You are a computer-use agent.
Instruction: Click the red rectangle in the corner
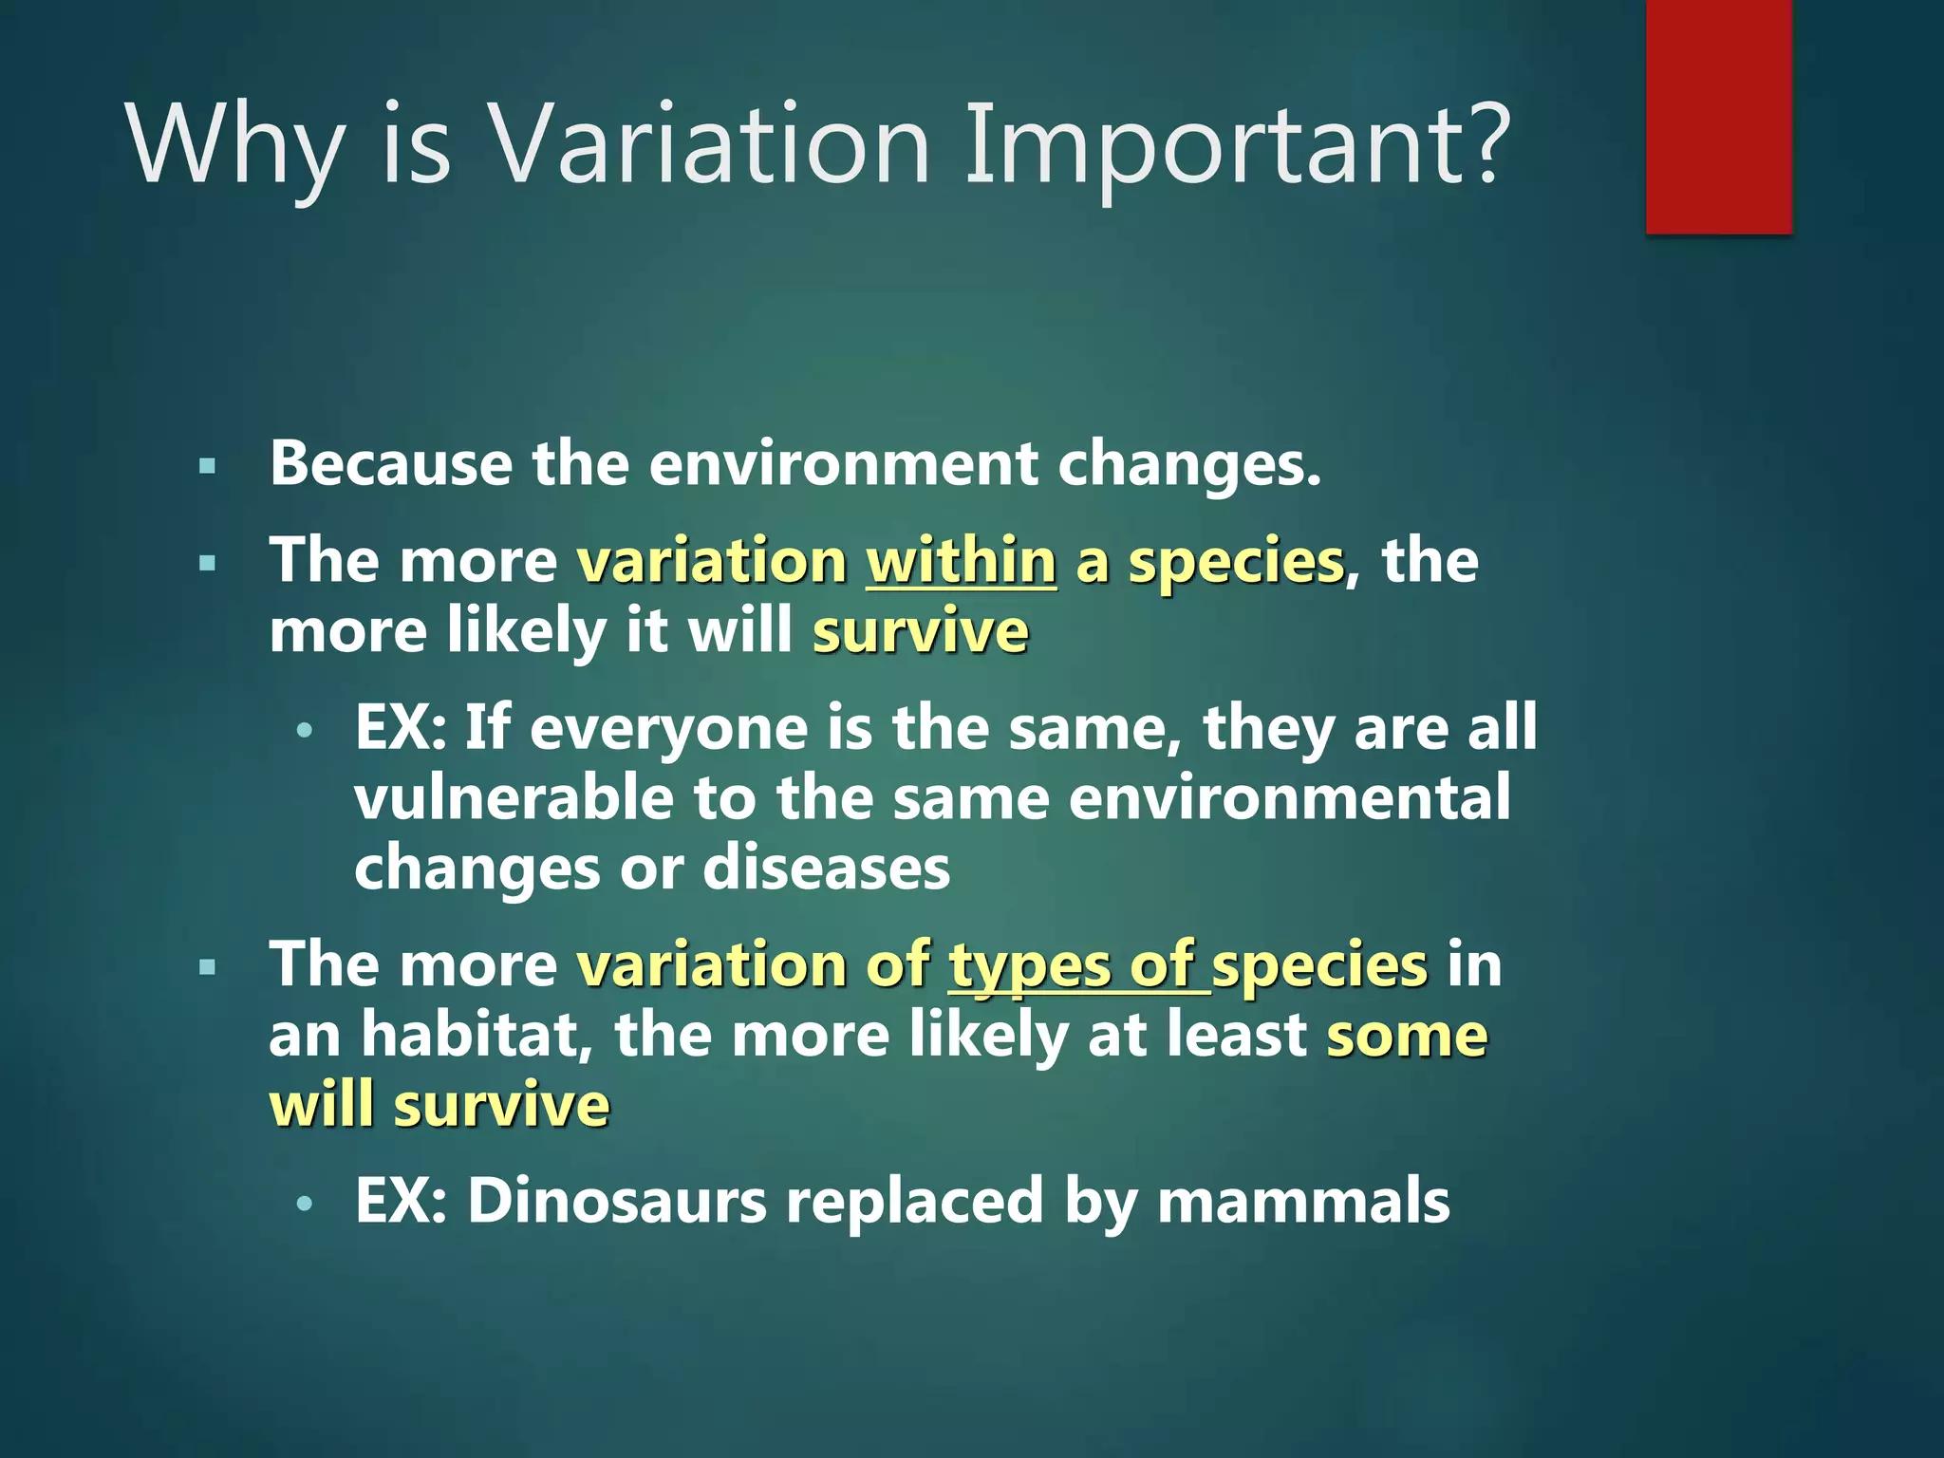(x=1718, y=116)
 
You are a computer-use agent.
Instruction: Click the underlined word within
(x=961, y=561)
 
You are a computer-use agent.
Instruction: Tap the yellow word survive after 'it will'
(x=920, y=632)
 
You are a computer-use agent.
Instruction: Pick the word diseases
(x=826, y=868)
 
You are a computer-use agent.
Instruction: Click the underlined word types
(x=1029, y=966)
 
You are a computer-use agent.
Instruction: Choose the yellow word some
(x=1407, y=1035)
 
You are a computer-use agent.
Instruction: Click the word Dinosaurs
(x=617, y=1201)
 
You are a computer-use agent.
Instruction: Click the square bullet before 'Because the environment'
(x=208, y=466)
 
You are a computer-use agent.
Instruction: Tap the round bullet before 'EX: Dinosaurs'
(x=304, y=1204)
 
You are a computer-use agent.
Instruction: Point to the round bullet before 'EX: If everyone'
(x=304, y=731)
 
